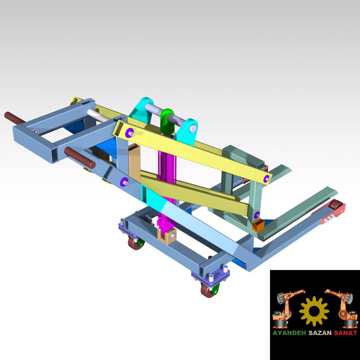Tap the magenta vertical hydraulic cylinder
pyautogui.click(x=168, y=180)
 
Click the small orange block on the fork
pyautogui.click(x=258, y=226)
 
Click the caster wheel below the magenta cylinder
pyautogui.click(x=135, y=244)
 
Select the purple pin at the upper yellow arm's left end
pyautogui.click(x=131, y=133)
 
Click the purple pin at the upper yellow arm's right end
pyautogui.click(x=265, y=180)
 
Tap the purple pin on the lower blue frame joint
pyautogui.click(x=124, y=181)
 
